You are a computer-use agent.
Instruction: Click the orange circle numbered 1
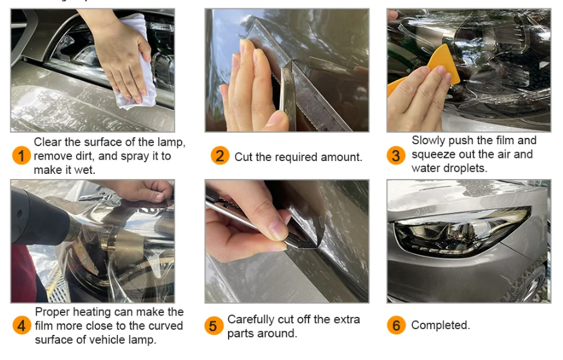pos(21,156)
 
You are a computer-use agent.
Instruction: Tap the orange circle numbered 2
pos(220,156)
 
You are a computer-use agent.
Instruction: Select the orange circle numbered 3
pos(396,155)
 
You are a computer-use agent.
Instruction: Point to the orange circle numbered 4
pos(21,325)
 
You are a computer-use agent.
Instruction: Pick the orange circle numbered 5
pos(214,325)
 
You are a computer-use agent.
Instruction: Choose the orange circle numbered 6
pos(396,325)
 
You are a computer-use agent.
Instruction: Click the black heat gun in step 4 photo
pos(39,219)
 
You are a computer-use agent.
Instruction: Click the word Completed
pos(441,325)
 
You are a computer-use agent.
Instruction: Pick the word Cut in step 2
pos(243,157)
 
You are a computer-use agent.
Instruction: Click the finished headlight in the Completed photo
pos(462,231)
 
